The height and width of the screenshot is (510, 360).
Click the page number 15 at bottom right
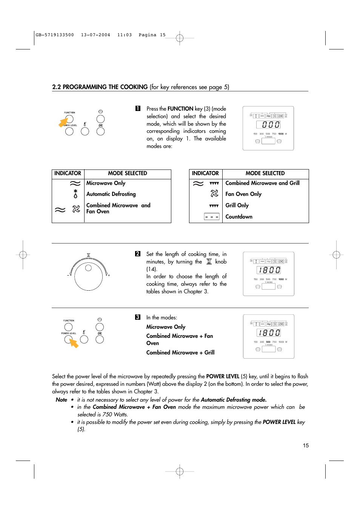click(x=306, y=445)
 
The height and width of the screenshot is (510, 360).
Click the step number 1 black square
click(x=138, y=108)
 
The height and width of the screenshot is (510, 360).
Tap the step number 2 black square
click(x=138, y=254)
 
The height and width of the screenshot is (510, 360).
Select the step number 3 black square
click(x=138, y=317)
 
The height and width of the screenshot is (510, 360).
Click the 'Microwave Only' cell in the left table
click(x=106, y=183)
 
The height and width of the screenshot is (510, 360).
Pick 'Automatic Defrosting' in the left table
click(x=111, y=194)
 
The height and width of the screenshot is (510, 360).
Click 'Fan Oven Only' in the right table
click(x=243, y=194)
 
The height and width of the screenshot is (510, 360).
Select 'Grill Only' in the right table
click(x=237, y=205)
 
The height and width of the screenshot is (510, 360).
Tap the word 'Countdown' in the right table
click(x=239, y=217)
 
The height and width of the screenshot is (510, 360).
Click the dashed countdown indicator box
click(x=212, y=217)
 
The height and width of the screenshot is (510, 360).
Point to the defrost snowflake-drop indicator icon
click(x=75, y=194)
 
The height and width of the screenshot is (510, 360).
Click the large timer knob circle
click(x=89, y=276)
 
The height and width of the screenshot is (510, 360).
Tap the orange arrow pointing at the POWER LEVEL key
click(x=74, y=343)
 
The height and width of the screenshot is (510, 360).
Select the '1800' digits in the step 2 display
click(x=269, y=270)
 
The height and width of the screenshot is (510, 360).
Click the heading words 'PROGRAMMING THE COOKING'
click(x=105, y=87)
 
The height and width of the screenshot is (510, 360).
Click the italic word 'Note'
click(x=62, y=400)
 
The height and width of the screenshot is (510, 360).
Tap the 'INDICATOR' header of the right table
click(x=205, y=173)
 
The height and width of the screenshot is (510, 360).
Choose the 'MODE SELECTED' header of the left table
click(x=128, y=173)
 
